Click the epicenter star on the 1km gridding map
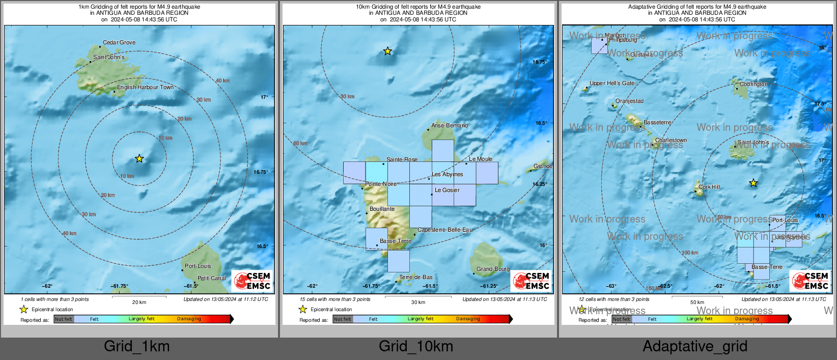(139, 159)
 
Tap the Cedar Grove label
(119, 43)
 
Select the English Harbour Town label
(145, 88)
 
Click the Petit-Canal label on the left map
(211, 278)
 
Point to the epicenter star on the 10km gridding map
(387, 51)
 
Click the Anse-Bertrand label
(449, 125)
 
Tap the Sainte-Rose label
(402, 159)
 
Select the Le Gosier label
(447, 190)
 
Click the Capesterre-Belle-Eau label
(444, 230)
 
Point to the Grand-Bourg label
(493, 269)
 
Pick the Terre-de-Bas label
(415, 278)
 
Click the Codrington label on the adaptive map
(754, 84)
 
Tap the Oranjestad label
(629, 101)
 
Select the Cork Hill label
(709, 187)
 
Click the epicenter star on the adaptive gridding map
(753, 183)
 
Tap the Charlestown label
(671, 140)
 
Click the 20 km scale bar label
(139, 302)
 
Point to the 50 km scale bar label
(697, 302)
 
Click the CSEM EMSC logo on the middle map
(531, 281)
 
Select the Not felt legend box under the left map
(64, 319)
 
